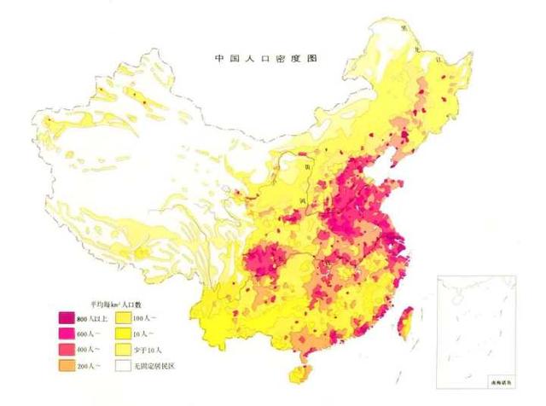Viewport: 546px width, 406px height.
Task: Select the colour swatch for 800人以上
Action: coord(66,317)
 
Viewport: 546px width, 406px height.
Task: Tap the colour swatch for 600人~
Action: coord(66,333)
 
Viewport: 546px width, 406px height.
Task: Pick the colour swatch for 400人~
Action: coord(66,350)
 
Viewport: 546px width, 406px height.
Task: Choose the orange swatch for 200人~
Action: coord(66,366)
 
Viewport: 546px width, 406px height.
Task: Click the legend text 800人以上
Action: coord(91,317)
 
